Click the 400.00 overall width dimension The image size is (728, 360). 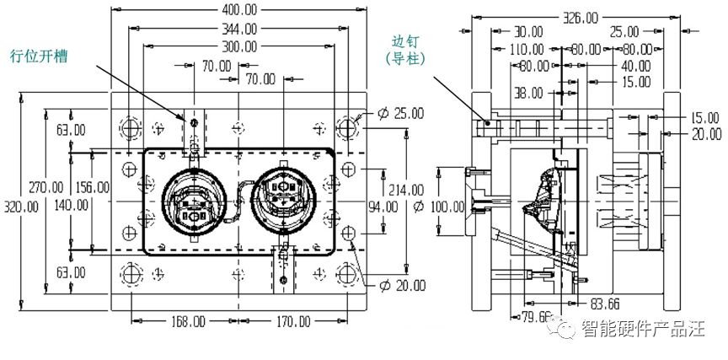238,8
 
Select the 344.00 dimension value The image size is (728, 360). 238,30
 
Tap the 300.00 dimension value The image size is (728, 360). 238,47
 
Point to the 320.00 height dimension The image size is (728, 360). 21,207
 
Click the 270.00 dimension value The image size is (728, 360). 45,188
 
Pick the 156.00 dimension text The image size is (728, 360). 92,188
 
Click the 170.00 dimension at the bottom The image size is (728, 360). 292,321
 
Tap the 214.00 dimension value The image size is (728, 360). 406,190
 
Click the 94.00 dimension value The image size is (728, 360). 383,207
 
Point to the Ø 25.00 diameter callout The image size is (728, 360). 401,113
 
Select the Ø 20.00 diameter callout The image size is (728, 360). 402,286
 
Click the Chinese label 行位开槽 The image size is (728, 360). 39,56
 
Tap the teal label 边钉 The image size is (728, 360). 405,42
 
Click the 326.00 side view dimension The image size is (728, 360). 581,18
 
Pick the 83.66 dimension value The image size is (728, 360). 604,304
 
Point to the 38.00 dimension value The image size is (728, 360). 528,94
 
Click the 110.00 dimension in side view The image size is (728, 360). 527,49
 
